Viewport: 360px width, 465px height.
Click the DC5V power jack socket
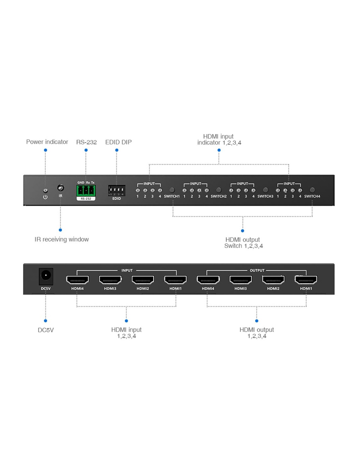coord(46,276)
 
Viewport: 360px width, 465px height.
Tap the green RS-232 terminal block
coord(86,191)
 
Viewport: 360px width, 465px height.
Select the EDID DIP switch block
coord(117,190)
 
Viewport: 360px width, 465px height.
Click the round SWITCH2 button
coord(218,190)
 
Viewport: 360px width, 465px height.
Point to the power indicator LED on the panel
coord(45,190)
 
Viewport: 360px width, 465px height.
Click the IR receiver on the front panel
coord(61,188)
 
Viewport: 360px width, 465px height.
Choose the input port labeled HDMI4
coord(78,280)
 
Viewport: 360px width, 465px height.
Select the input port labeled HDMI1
coord(175,280)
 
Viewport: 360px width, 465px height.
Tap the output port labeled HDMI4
coord(208,280)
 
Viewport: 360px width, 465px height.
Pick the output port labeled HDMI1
coord(306,280)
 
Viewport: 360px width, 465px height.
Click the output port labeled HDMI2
coord(273,280)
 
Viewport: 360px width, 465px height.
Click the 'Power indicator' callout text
coord(47,142)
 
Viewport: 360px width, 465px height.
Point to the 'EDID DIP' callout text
coord(118,142)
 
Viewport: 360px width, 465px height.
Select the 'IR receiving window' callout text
coord(62,239)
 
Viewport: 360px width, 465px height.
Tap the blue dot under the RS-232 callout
coord(86,150)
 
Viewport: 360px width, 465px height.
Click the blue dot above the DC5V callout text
coord(45,321)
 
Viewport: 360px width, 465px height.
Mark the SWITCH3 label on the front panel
coord(265,196)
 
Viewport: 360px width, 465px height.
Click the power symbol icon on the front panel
coord(45,197)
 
